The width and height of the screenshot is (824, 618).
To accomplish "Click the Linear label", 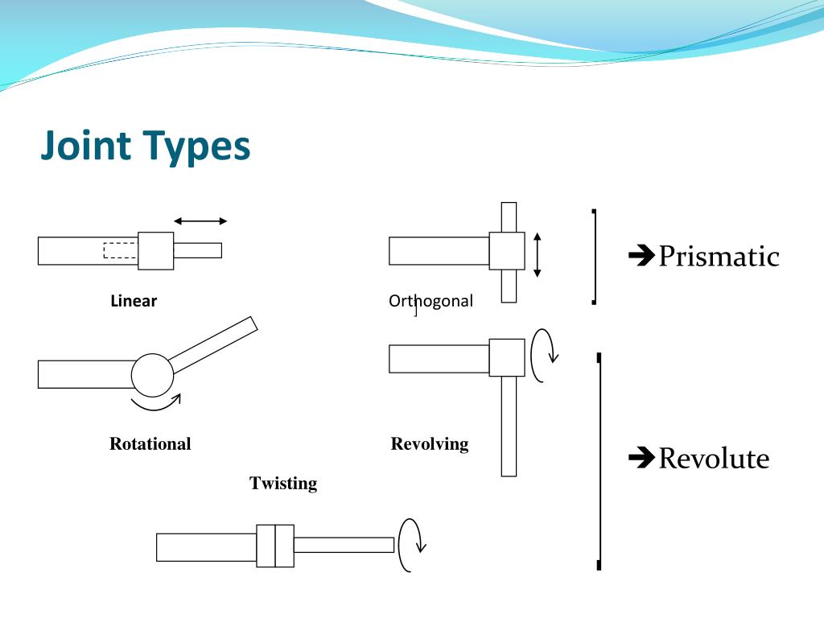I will click(x=134, y=302).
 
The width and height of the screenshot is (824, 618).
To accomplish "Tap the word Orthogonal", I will click(x=431, y=302).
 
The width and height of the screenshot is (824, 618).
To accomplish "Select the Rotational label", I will click(x=150, y=444).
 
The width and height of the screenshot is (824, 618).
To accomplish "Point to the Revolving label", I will click(x=429, y=444).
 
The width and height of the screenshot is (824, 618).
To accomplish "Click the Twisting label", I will click(x=283, y=484).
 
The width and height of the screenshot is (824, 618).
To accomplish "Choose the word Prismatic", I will click(x=719, y=257).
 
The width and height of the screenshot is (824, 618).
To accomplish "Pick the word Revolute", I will click(x=714, y=459).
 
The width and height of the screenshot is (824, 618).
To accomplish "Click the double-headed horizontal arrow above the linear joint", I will click(x=200, y=221).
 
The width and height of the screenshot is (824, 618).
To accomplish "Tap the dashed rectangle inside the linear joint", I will click(x=121, y=250).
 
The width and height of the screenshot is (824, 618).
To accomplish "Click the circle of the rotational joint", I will click(x=152, y=373).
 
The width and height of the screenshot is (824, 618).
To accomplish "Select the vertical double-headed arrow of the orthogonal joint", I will click(x=538, y=254).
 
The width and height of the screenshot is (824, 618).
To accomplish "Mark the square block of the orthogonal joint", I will click(x=507, y=251).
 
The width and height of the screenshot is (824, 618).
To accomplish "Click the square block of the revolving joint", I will click(x=507, y=357).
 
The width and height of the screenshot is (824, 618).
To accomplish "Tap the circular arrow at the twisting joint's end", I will click(x=411, y=545).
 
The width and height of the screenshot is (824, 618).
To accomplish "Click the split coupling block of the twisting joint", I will click(x=275, y=546).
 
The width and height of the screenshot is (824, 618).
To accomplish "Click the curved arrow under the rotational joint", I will click(x=156, y=403).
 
